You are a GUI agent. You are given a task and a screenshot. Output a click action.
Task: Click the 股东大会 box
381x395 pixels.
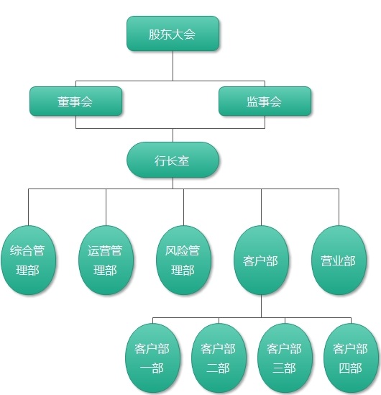(x=173, y=34)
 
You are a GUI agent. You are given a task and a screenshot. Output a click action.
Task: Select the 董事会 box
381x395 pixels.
(x=75, y=101)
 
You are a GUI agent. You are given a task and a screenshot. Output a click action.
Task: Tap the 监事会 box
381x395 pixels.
(x=265, y=101)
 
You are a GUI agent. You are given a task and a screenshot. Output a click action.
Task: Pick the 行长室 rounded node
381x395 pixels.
(x=173, y=160)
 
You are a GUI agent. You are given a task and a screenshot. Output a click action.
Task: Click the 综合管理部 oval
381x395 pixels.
(x=28, y=260)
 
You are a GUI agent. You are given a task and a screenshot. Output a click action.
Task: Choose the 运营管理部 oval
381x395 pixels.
(x=106, y=260)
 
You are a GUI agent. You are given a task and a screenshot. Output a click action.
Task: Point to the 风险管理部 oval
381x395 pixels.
(x=183, y=260)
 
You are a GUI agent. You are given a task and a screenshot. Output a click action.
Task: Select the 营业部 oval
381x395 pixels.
(x=339, y=260)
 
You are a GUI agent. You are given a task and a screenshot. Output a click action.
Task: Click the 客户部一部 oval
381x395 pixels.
(x=152, y=358)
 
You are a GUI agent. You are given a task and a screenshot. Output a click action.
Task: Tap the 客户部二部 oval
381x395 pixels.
(x=219, y=358)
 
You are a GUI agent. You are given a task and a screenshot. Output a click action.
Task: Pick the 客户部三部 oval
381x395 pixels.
(x=285, y=358)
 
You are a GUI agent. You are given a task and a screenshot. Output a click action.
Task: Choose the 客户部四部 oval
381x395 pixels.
(x=351, y=358)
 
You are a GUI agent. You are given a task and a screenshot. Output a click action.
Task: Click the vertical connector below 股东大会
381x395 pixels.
(x=173, y=65)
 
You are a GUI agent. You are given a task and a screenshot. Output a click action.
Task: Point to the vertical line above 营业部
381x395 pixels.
(x=339, y=207)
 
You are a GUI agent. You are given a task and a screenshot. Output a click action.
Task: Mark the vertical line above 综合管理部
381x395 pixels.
(x=28, y=207)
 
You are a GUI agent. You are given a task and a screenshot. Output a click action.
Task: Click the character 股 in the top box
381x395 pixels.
(x=155, y=35)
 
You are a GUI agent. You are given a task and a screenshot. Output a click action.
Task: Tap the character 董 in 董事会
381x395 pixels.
(x=63, y=101)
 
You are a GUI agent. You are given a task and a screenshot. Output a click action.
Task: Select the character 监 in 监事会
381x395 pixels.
(x=252, y=101)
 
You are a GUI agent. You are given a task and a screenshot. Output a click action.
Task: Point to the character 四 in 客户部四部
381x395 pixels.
(x=344, y=368)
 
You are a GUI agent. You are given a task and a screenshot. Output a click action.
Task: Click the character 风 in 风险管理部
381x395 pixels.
(x=171, y=250)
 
